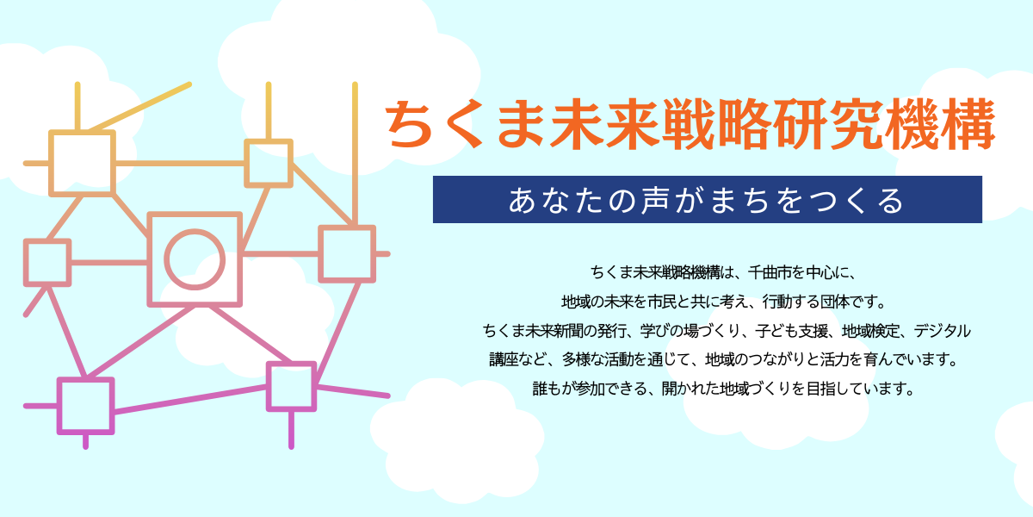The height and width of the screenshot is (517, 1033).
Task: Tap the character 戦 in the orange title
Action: tap(689, 124)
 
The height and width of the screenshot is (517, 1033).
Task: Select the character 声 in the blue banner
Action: tap(655, 200)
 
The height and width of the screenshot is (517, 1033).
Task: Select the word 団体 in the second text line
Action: tap(834, 302)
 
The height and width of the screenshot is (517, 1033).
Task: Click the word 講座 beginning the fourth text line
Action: tap(504, 359)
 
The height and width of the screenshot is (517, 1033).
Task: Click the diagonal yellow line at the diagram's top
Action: tap(139, 108)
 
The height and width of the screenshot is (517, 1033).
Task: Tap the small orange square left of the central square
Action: tap(47, 263)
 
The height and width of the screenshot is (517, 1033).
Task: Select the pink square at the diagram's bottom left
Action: tap(86, 406)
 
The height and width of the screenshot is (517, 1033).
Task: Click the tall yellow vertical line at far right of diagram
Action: tap(355, 153)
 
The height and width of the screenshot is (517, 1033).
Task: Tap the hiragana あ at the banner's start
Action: tap(522, 200)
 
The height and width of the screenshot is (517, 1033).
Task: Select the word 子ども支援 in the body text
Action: tap(791, 331)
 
